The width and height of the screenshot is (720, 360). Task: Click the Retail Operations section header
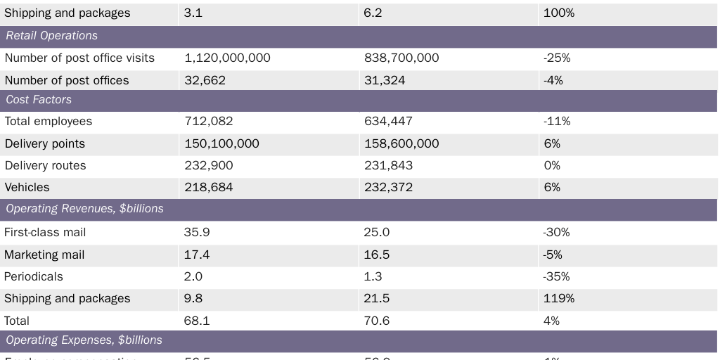coord(52,36)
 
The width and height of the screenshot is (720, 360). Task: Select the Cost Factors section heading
coord(39,100)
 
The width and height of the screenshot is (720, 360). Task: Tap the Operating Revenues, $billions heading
coord(84,209)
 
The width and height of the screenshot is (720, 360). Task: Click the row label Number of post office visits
coord(79,58)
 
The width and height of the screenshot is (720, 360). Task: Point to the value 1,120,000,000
coord(227,58)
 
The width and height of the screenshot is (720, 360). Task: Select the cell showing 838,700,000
coord(401,58)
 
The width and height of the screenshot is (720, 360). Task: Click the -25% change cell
coord(557,58)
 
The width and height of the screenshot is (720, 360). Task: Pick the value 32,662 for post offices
coord(205,81)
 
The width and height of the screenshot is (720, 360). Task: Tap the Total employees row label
coord(49,122)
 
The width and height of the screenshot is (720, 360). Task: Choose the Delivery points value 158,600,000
coord(401,144)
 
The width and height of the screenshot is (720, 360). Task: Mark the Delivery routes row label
coord(46,166)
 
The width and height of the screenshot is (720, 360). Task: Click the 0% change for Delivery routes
coord(552,166)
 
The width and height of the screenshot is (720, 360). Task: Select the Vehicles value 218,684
coord(208,188)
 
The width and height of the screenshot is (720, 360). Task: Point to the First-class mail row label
coord(55,232)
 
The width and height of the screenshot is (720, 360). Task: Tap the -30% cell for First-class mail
coord(556,232)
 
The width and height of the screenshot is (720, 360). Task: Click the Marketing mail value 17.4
coord(197,255)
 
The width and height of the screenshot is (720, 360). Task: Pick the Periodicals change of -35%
coord(556,277)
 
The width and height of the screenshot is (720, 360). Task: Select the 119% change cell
coord(559,299)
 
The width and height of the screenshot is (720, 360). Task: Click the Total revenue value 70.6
coord(376,321)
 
